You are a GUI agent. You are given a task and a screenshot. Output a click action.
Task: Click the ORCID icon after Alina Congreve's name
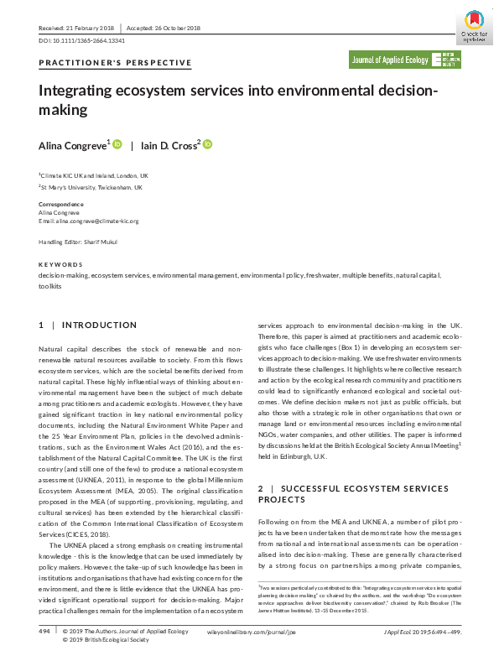click(117, 144)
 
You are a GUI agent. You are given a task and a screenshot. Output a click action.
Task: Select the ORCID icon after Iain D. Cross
click(207, 144)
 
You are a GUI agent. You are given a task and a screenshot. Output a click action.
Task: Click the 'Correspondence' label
click(61, 205)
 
